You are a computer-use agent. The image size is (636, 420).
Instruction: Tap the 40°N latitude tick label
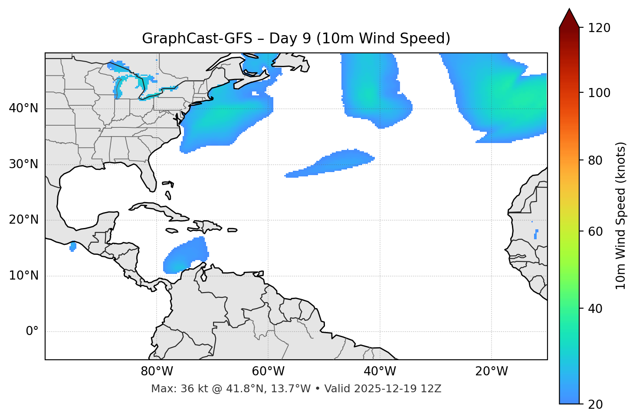pos(23,108)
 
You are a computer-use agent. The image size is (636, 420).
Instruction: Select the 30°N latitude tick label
pos(23,164)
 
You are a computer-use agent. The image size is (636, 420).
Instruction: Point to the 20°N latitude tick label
pos(23,220)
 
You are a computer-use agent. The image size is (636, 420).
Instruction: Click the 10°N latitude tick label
pos(23,276)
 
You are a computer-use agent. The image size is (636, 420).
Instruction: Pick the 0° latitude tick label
pos(32,332)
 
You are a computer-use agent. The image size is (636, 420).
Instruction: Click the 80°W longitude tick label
pos(157,371)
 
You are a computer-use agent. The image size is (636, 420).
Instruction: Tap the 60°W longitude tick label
pos(268,371)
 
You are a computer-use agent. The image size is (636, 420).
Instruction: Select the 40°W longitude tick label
pos(380,371)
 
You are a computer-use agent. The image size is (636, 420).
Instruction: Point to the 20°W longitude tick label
pos(492,371)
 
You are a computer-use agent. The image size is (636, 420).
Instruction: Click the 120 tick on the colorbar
pos(599,28)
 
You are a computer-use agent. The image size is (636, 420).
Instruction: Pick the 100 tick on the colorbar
pos(599,93)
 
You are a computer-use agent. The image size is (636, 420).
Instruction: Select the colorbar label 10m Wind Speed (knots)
pos(621,215)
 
